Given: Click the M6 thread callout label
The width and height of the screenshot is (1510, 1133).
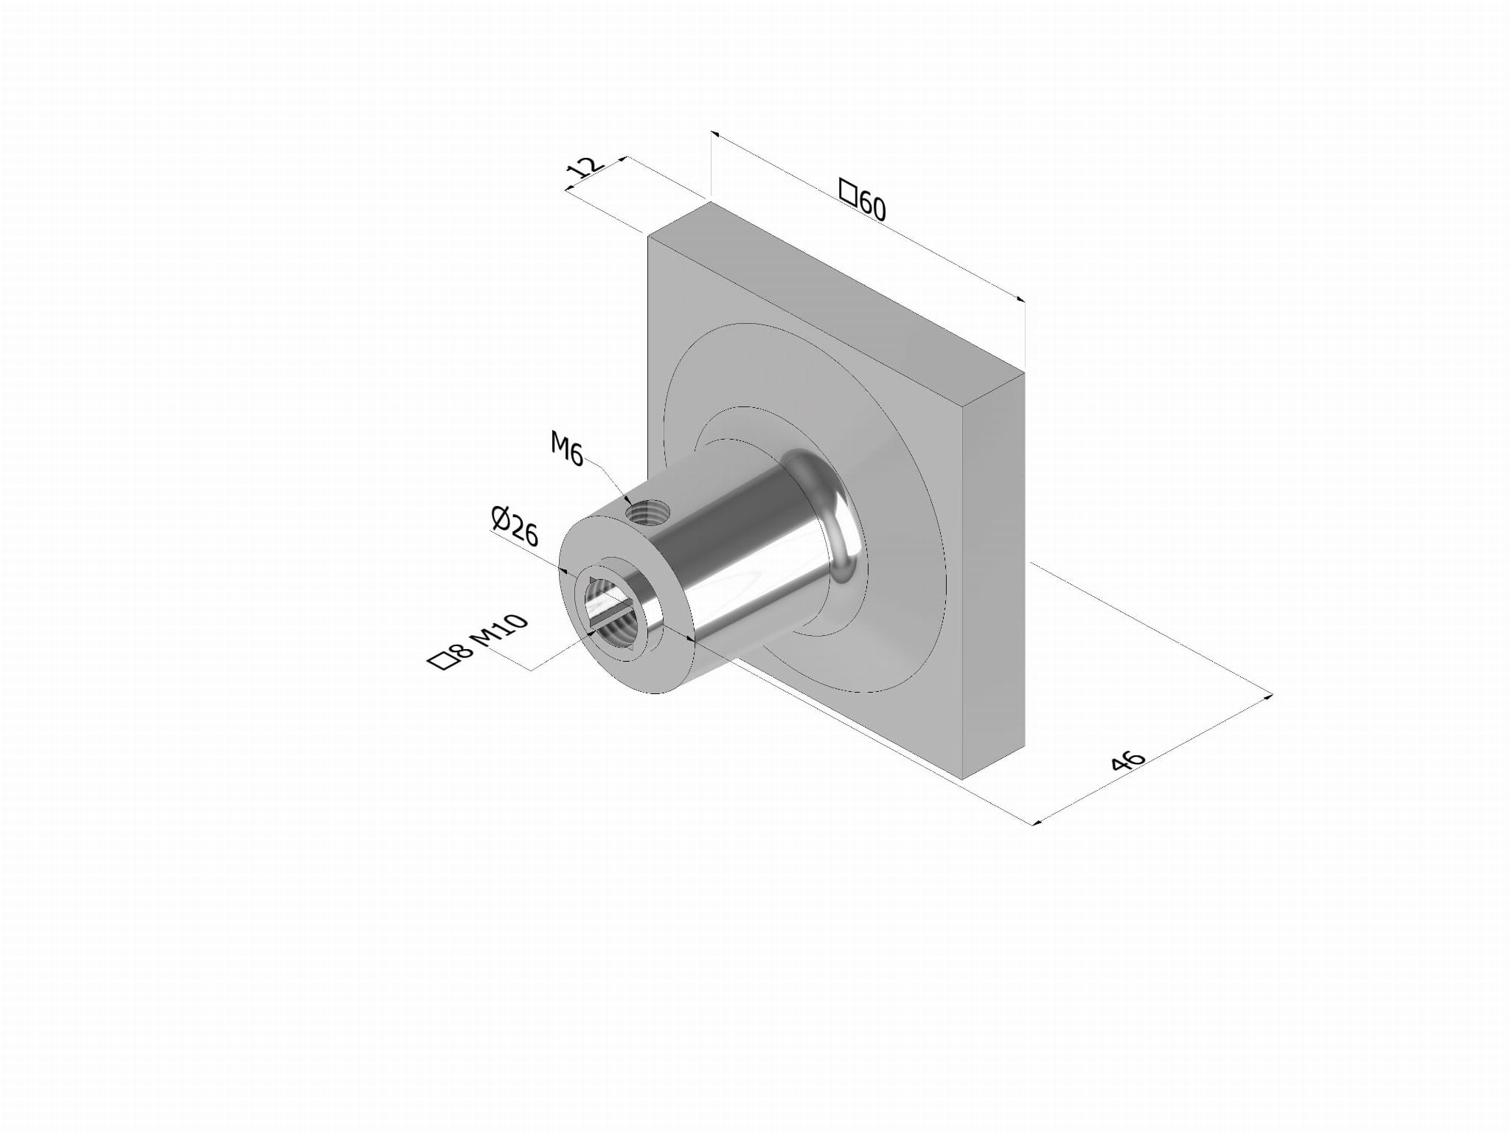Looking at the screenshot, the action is (567, 449).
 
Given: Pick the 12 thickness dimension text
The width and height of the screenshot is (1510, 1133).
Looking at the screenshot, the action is (585, 169).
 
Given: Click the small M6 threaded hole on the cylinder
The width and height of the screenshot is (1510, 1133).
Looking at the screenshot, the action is (647, 510).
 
